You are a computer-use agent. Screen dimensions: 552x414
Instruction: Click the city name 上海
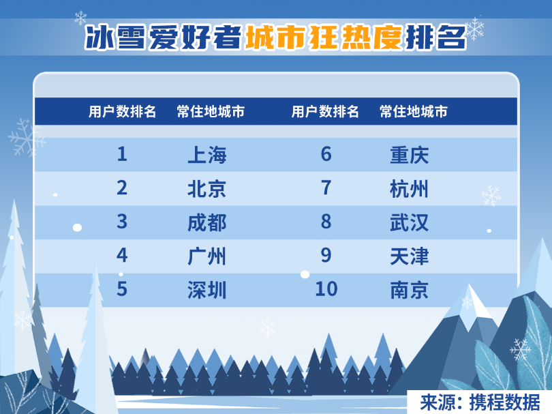tap(207, 155)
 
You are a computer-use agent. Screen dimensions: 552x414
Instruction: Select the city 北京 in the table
tap(207, 189)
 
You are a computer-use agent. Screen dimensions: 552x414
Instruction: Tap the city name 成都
tap(207, 222)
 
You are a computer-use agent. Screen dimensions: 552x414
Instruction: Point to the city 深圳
tap(207, 290)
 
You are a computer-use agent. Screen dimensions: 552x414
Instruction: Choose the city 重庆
tap(410, 155)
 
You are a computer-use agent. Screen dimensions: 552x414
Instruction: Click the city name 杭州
tap(410, 189)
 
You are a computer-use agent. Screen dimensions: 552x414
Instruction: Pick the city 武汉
tap(410, 222)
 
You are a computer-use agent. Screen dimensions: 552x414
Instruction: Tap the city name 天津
tap(410, 256)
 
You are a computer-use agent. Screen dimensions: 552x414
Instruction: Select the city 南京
tap(410, 290)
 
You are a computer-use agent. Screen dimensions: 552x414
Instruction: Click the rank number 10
tap(326, 289)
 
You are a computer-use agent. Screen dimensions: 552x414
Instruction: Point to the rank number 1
tap(122, 154)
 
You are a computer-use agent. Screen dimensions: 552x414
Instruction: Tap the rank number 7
tap(326, 188)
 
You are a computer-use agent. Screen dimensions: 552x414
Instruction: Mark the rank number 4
tap(122, 255)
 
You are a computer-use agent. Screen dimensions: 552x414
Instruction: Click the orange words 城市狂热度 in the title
tap(324, 37)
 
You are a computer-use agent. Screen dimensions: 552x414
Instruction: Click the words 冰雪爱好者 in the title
tap(163, 37)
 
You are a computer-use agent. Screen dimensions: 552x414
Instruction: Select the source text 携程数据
tap(504, 402)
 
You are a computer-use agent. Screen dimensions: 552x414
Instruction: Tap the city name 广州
tap(207, 256)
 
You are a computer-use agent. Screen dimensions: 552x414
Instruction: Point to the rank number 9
tap(326, 255)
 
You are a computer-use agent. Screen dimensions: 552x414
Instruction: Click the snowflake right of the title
tap(474, 29)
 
